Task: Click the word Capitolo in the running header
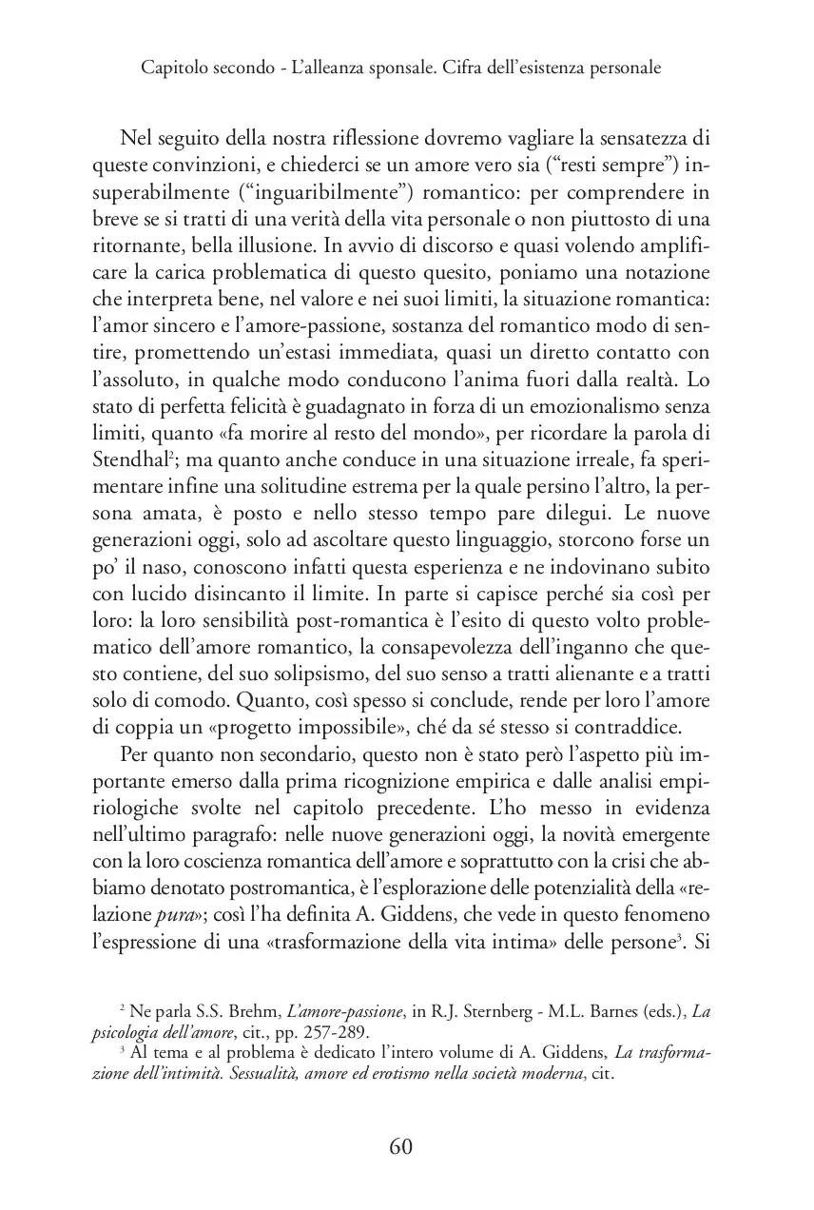170,68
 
